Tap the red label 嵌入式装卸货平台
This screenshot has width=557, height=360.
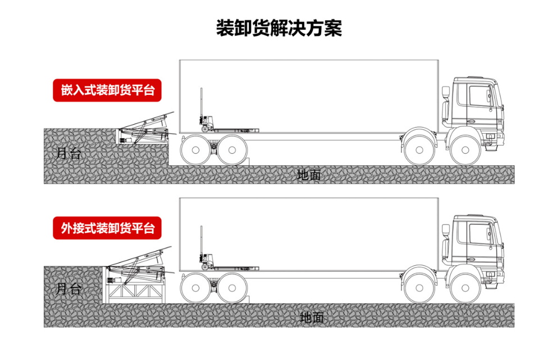click(107, 90)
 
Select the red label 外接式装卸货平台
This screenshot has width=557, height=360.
click(107, 228)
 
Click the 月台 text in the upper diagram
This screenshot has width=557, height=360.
click(69, 153)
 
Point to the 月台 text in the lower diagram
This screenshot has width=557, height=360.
click(69, 290)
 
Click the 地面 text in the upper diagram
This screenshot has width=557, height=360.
click(309, 175)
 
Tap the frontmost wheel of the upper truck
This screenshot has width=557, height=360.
click(465, 150)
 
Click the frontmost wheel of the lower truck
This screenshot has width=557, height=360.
click(465, 289)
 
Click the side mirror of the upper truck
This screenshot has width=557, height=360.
click(446, 93)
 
